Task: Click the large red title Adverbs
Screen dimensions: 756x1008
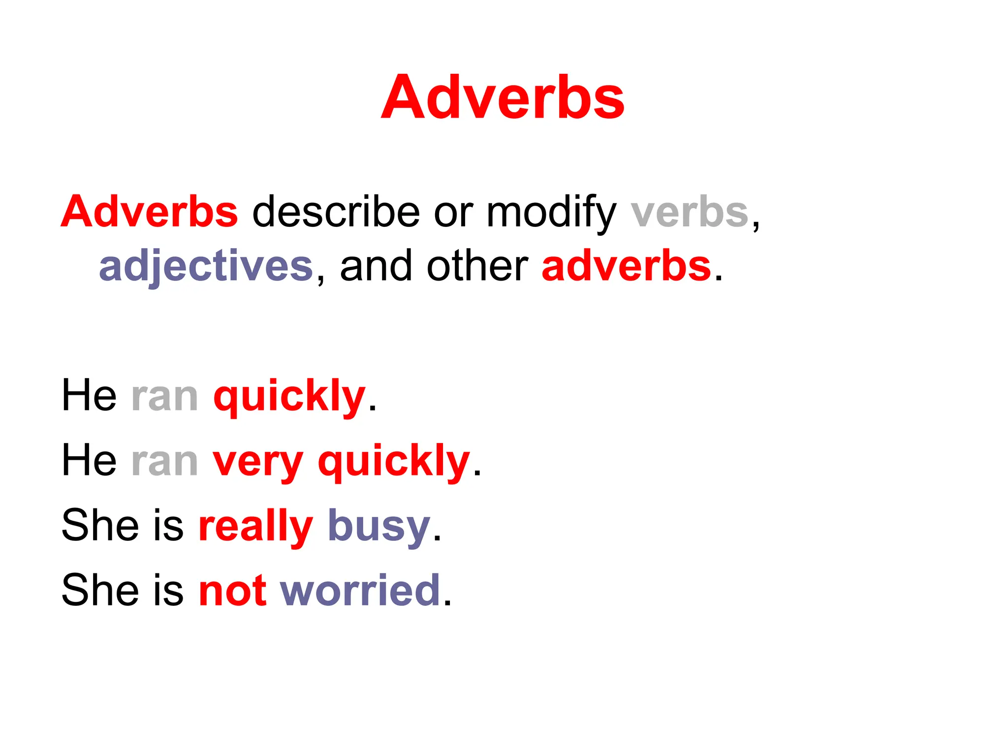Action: pyautogui.click(x=503, y=97)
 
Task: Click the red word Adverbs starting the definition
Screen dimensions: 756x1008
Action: pyautogui.click(x=149, y=212)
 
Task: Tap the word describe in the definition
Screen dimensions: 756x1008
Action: pyautogui.click(x=336, y=212)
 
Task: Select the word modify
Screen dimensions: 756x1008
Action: pyautogui.click(x=551, y=213)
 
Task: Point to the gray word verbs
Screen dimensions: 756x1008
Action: pyautogui.click(x=689, y=213)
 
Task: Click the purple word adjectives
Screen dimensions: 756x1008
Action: pyautogui.click(x=206, y=267)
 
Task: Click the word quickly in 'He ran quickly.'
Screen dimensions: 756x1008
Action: pyautogui.click(x=289, y=397)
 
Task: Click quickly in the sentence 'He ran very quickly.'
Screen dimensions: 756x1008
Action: pyautogui.click(x=394, y=462)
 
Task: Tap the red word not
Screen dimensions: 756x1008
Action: pyautogui.click(x=232, y=590)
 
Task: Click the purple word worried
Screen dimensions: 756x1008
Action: pyautogui.click(x=360, y=590)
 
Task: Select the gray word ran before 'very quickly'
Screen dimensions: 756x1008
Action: pyautogui.click(x=164, y=462)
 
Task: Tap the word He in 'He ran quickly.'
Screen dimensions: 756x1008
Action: pyautogui.click(x=89, y=396)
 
